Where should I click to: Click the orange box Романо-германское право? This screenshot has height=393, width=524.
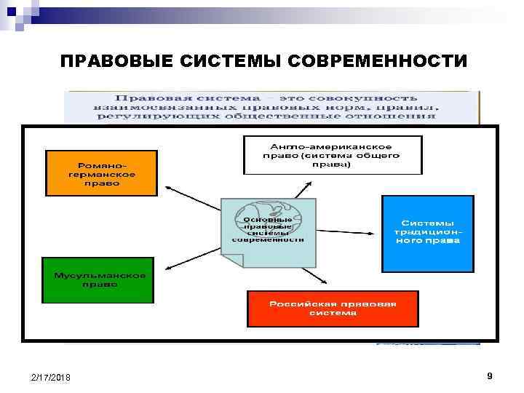100,173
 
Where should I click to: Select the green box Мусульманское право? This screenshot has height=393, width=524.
98,279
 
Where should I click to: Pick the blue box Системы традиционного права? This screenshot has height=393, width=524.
427,233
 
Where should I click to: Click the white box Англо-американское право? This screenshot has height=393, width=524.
332,154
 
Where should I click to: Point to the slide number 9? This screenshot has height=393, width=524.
490,376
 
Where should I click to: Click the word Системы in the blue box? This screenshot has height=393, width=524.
428,222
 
